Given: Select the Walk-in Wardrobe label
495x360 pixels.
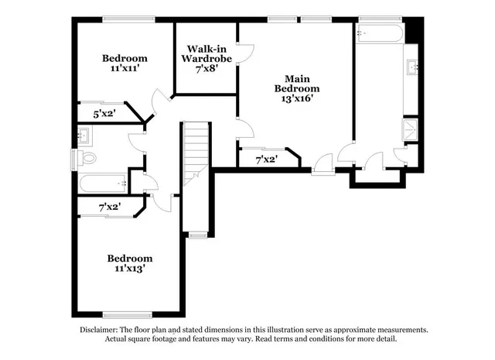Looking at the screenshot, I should click(205, 52).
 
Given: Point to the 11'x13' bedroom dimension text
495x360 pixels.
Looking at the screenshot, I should click(129, 269).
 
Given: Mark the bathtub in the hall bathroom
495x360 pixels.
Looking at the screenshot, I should click(104, 183).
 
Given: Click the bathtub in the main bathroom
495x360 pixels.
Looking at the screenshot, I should click(379, 34).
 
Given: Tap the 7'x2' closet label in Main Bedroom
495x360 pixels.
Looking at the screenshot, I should click(267, 159).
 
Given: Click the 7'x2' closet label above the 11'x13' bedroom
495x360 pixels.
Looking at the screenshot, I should click(109, 207).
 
